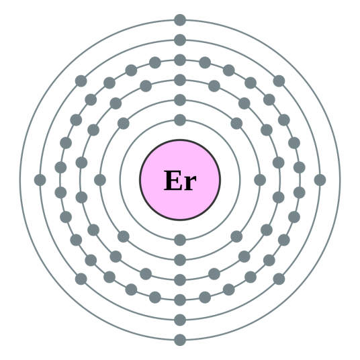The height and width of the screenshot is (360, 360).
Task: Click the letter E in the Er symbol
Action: tap(173, 180)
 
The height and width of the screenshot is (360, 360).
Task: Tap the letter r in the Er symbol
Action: tap(189, 183)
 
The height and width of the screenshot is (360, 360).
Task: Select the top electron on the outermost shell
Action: tap(180, 20)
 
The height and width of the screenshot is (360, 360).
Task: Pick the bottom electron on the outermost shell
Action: tap(180, 340)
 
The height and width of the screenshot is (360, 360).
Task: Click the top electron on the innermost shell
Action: tap(180, 120)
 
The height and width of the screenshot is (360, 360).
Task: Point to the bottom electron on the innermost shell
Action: tap(180, 240)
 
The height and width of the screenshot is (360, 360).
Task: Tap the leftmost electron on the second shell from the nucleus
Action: tap(100, 180)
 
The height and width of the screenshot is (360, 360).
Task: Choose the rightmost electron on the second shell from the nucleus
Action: tap(260, 180)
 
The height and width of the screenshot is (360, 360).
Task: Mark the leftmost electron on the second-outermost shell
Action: tap(40, 180)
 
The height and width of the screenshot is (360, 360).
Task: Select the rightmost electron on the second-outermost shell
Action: tap(320, 180)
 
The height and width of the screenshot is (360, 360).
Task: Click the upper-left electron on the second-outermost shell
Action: tap(81, 81)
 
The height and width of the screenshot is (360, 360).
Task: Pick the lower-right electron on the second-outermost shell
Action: tap(279, 279)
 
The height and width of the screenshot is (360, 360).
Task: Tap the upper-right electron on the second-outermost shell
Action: tap(279, 81)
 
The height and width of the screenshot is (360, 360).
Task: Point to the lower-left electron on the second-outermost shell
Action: tap(81, 279)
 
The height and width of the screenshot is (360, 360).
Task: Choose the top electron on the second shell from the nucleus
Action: tap(180, 100)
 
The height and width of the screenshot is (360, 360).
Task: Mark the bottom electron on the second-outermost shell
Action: tap(180, 320)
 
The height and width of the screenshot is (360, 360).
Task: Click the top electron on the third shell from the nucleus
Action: tap(180, 80)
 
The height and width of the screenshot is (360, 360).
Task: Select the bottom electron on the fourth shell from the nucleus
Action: tap(180, 300)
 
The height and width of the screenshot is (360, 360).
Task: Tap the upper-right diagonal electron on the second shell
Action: tap(236, 124)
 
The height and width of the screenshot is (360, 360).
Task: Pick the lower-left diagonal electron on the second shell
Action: tap(124, 236)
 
